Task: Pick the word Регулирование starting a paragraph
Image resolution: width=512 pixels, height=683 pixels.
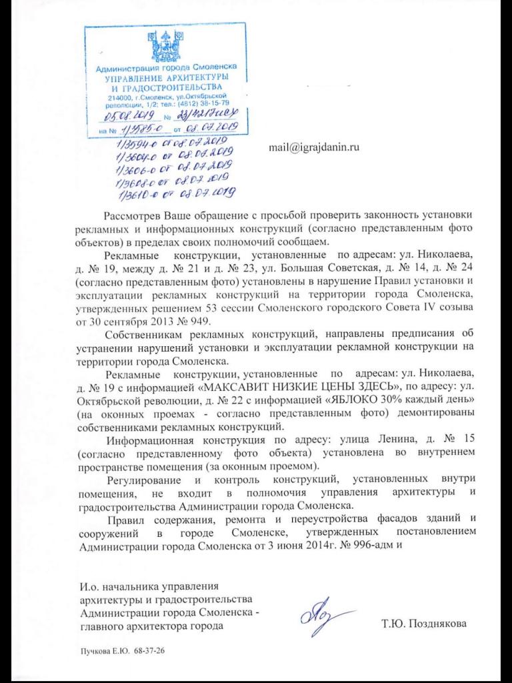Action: (143, 481)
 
